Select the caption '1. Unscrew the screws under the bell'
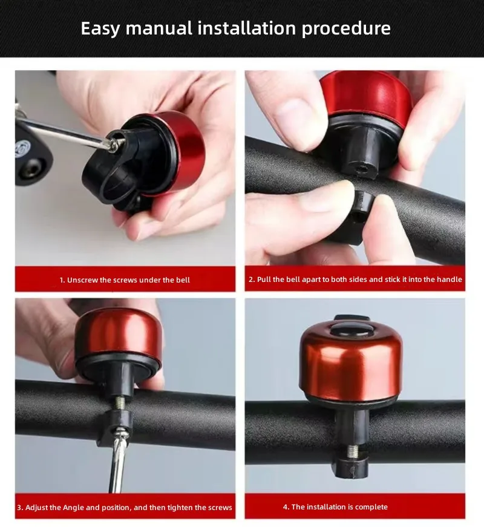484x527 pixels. [125, 280]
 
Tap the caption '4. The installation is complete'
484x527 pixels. [335, 507]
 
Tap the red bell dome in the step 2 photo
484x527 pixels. [365, 96]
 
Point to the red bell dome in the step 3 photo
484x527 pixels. [118, 332]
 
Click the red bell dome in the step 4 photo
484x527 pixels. [351, 360]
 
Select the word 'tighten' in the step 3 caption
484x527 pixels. [168, 507]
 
